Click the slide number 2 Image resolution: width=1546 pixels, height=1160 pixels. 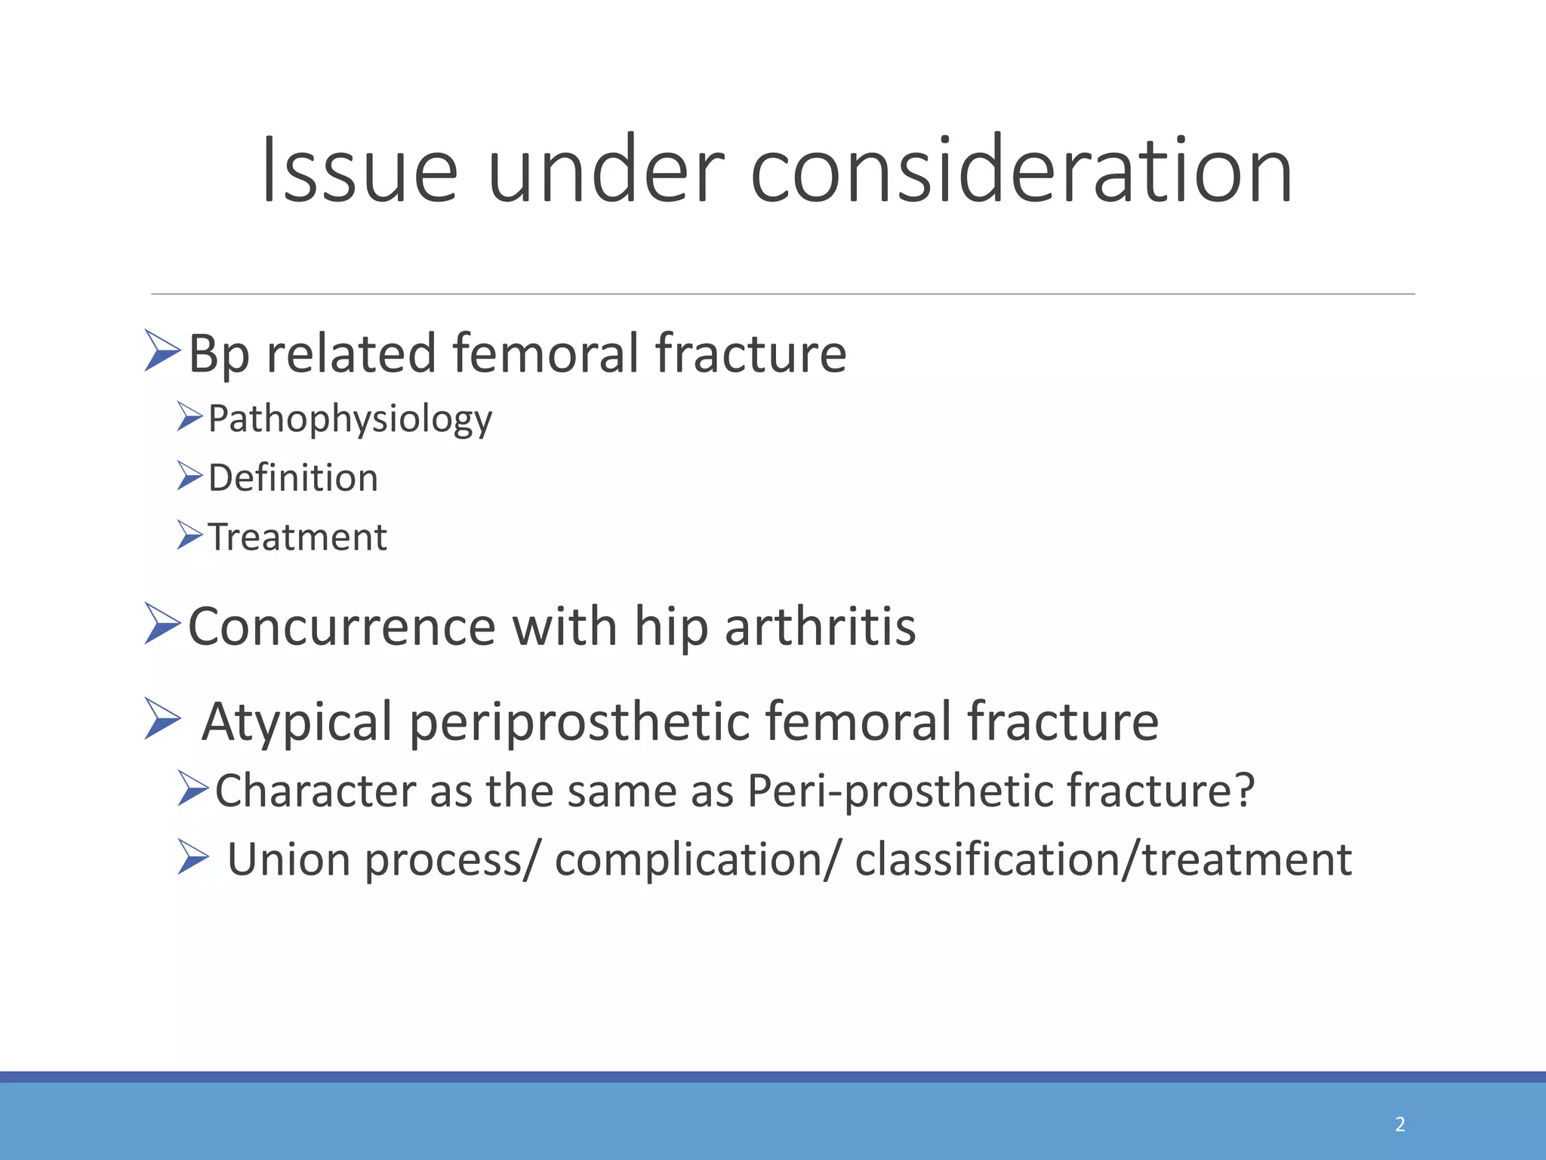(x=1400, y=1124)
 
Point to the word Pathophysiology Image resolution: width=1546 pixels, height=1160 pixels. (x=350, y=419)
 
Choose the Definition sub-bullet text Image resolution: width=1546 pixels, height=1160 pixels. (x=293, y=478)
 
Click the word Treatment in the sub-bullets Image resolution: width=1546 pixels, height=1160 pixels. (x=297, y=538)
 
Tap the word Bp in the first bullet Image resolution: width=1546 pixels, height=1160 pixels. (x=218, y=353)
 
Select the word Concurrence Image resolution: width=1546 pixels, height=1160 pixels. (x=342, y=627)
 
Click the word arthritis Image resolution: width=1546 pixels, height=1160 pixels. (x=820, y=627)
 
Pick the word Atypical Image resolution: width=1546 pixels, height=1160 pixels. (x=297, y=721)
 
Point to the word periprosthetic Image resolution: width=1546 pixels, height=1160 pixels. (x=578, y=721)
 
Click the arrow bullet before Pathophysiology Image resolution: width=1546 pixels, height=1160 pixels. (x=189, y=416)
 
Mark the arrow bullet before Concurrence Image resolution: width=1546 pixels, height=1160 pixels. (x=162, y=624)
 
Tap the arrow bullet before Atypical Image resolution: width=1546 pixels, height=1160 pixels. (x=162, y=718)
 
